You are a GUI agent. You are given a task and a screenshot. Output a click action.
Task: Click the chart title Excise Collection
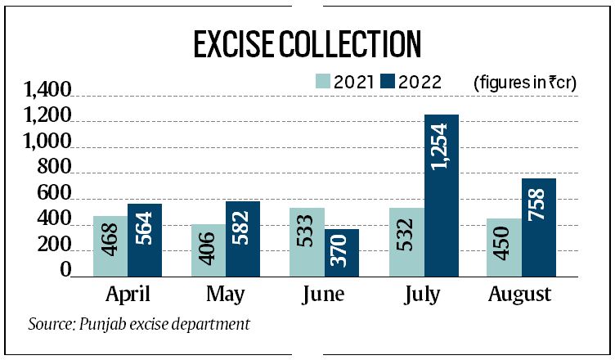307,45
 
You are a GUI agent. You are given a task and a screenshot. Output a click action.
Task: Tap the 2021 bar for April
110,246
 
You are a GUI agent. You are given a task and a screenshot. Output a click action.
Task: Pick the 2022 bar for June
342,253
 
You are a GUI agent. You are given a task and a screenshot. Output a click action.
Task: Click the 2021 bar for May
209,250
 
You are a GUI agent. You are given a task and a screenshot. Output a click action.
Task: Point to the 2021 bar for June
308,242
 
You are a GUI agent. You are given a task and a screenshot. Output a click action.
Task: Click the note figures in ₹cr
523,82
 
